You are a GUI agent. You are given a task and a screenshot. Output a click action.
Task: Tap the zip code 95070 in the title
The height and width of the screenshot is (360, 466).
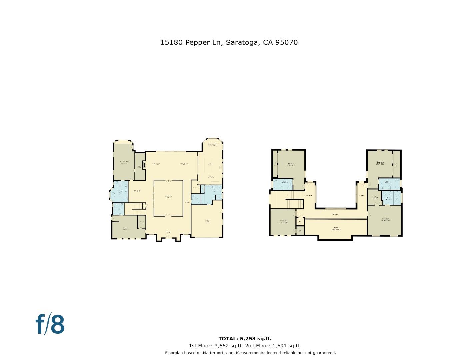(x=287, y=42)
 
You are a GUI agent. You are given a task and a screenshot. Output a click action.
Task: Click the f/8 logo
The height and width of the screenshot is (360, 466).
(x=50, y=324)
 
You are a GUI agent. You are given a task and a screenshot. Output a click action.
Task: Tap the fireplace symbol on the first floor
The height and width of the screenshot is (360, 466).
(x=144, y=164)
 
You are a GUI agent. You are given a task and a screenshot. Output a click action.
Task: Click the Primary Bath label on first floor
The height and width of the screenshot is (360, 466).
(x=120, y=192)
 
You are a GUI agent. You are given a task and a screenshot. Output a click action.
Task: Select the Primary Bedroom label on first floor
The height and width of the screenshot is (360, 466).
(x=124, y=162)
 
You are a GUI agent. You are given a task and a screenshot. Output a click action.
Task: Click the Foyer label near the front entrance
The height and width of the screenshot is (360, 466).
(x=169, y=232)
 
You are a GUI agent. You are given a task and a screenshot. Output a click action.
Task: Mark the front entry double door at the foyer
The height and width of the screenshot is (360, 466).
(x=169, y=237)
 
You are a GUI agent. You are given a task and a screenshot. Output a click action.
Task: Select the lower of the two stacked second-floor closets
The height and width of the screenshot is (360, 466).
(x=300, y=230)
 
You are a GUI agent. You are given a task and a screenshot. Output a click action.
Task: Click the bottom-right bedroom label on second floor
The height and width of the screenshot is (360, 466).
(x=386, y=220)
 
